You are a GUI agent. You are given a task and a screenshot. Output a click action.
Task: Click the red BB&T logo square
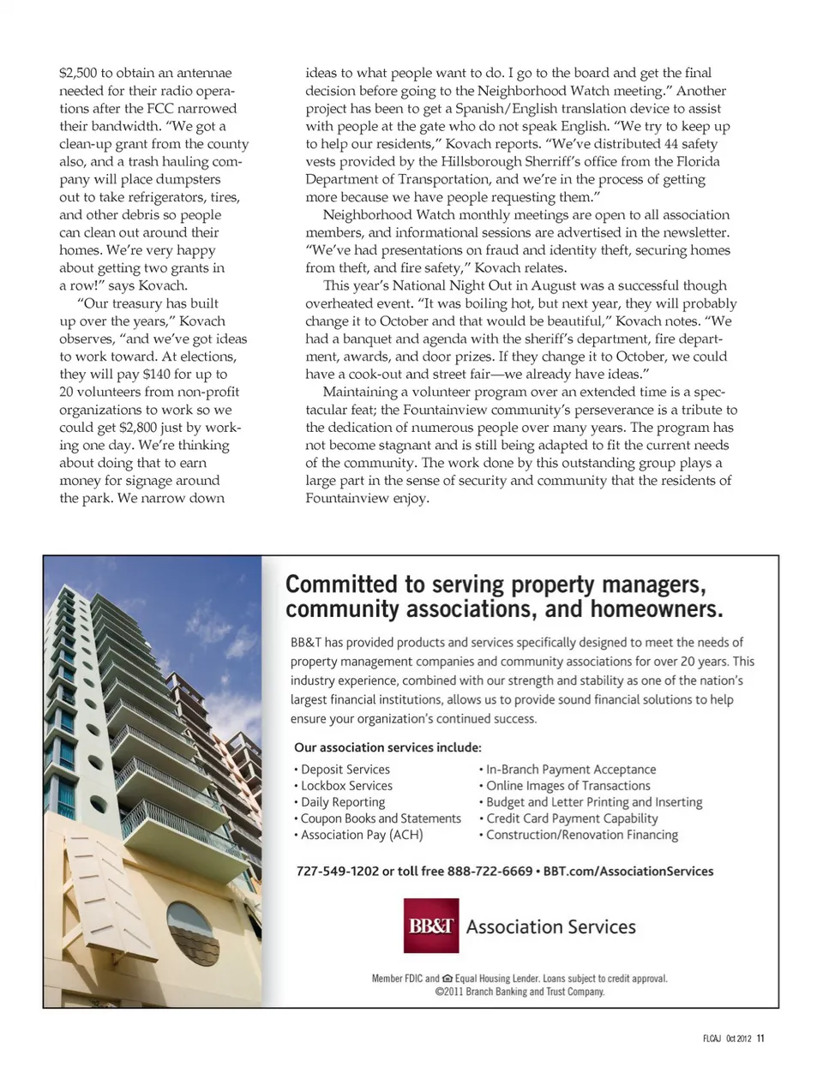[431, 926]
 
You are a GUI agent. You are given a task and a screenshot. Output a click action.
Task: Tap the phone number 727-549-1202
[337, 871]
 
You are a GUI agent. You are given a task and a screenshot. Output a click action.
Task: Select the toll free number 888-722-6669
[490, 871]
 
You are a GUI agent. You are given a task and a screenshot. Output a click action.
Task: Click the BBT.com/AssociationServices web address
[628, 871]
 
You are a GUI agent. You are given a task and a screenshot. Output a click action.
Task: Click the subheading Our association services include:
[387, 747]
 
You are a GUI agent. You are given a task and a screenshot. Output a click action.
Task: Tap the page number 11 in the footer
[760, 1040]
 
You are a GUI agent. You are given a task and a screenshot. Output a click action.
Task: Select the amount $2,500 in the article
[78, 73]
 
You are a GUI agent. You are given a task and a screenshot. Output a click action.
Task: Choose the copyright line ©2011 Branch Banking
[520, 992]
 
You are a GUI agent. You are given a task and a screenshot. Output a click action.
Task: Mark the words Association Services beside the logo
[551, 926]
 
